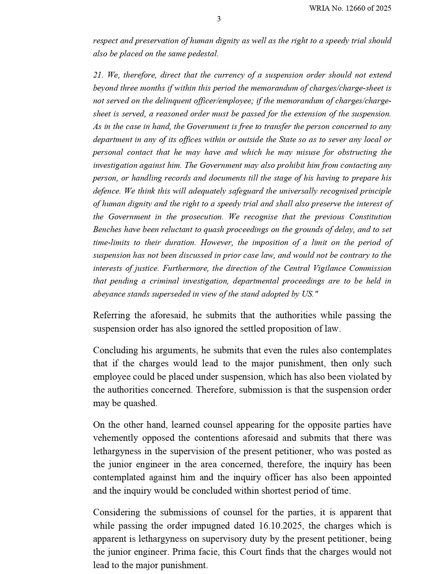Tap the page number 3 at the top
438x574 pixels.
click(219, 19)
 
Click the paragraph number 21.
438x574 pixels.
click(98, 75)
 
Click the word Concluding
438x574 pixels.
click(116, 351)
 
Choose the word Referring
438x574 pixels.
click(111, 315)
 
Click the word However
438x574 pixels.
click(217, 243)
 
